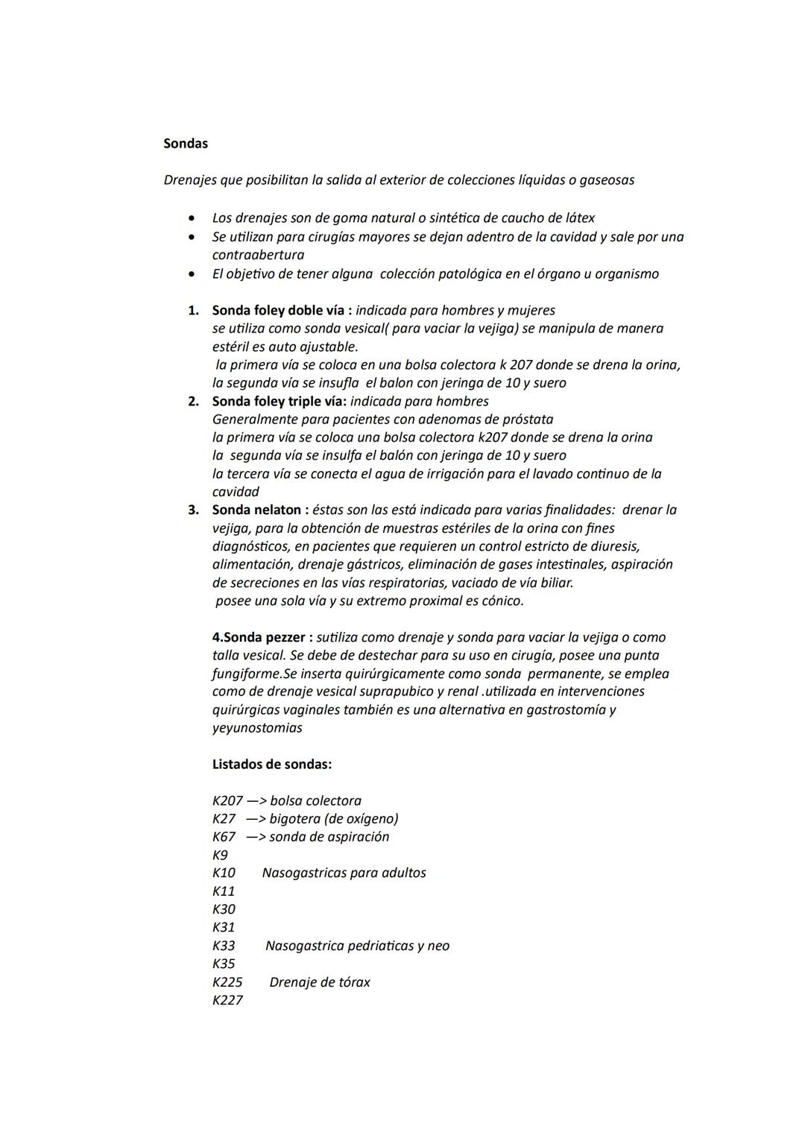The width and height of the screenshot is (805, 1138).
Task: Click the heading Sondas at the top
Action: (x=186, y=144)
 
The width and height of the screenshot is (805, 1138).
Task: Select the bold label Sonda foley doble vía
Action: (x=278, y=310)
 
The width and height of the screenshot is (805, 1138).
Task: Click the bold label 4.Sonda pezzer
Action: (x=259, y=637)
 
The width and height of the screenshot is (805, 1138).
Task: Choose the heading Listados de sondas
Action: (x=272, y=764)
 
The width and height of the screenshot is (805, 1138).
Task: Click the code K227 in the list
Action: (x=227, y=1000)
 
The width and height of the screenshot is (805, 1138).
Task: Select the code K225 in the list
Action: (x=227, y=982)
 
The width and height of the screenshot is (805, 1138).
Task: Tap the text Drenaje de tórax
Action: (x=320, y=982)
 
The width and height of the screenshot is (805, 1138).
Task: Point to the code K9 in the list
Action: (x=220, y=855)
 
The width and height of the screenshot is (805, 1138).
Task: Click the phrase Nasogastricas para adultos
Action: (x=344, y=873)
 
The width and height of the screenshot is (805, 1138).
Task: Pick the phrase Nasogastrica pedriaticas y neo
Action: (x=357, y=946)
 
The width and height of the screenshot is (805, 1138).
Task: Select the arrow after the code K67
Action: (x=256, y=837)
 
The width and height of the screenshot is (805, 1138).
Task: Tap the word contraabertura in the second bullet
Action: (x=258, y=255)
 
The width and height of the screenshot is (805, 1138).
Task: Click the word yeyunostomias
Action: (x=257, y=728)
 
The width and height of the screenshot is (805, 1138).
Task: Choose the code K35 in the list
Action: (x=224, y=964)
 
